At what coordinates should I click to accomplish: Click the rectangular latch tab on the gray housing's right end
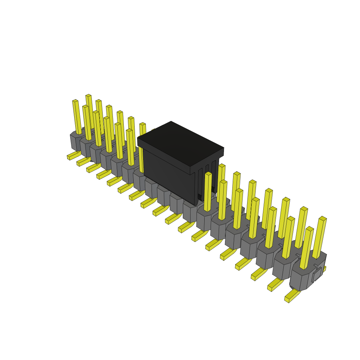pyautogui.click(x=317, y=275)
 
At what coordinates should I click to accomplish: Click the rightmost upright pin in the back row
pyautogui.click(x=320, y=237)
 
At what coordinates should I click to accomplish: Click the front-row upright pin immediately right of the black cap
pyautogui.click(x=208, y=192)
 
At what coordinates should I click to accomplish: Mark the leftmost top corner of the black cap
pyautogui.click(x=138, y=138)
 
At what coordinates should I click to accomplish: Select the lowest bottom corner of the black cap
pyautogui.click(x=195, y=205)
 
